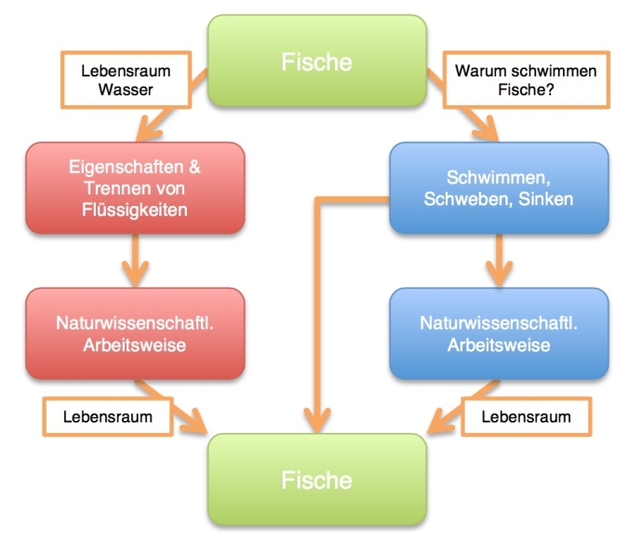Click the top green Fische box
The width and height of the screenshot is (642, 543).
click(x=316, y=61)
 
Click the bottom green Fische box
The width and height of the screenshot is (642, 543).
click(x=316, y=480)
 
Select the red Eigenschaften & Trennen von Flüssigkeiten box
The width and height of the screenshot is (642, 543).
click(x=135, y=188)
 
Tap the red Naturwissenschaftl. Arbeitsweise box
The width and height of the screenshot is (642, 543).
click(x=135, y=333)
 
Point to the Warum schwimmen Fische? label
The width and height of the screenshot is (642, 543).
click(x=513, y=79)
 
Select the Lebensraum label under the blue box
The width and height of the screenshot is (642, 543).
click(x=526, y=415)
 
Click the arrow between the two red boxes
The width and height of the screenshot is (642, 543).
click(x=136, y=261)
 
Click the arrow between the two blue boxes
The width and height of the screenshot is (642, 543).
click(x=499, y=261)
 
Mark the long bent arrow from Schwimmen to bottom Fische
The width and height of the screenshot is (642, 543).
click(x=318, y=307)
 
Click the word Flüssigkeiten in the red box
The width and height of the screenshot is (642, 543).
click(x=135, y=209)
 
